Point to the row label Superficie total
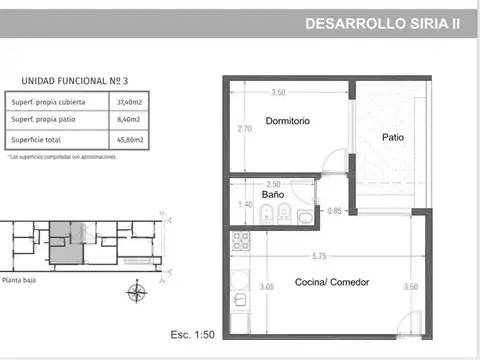click(x=37, y=138)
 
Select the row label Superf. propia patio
click(x=48, y=120)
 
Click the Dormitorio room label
click(x=288, y=122)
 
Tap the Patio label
click(x=392, y=138)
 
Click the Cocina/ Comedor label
click(x=332, y=282)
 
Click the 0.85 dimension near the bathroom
click(x=335, y=210)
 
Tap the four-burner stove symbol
click(x=240, y=240)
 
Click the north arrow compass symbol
click(x=133, y=293)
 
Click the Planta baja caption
click(x=22, y=282)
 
